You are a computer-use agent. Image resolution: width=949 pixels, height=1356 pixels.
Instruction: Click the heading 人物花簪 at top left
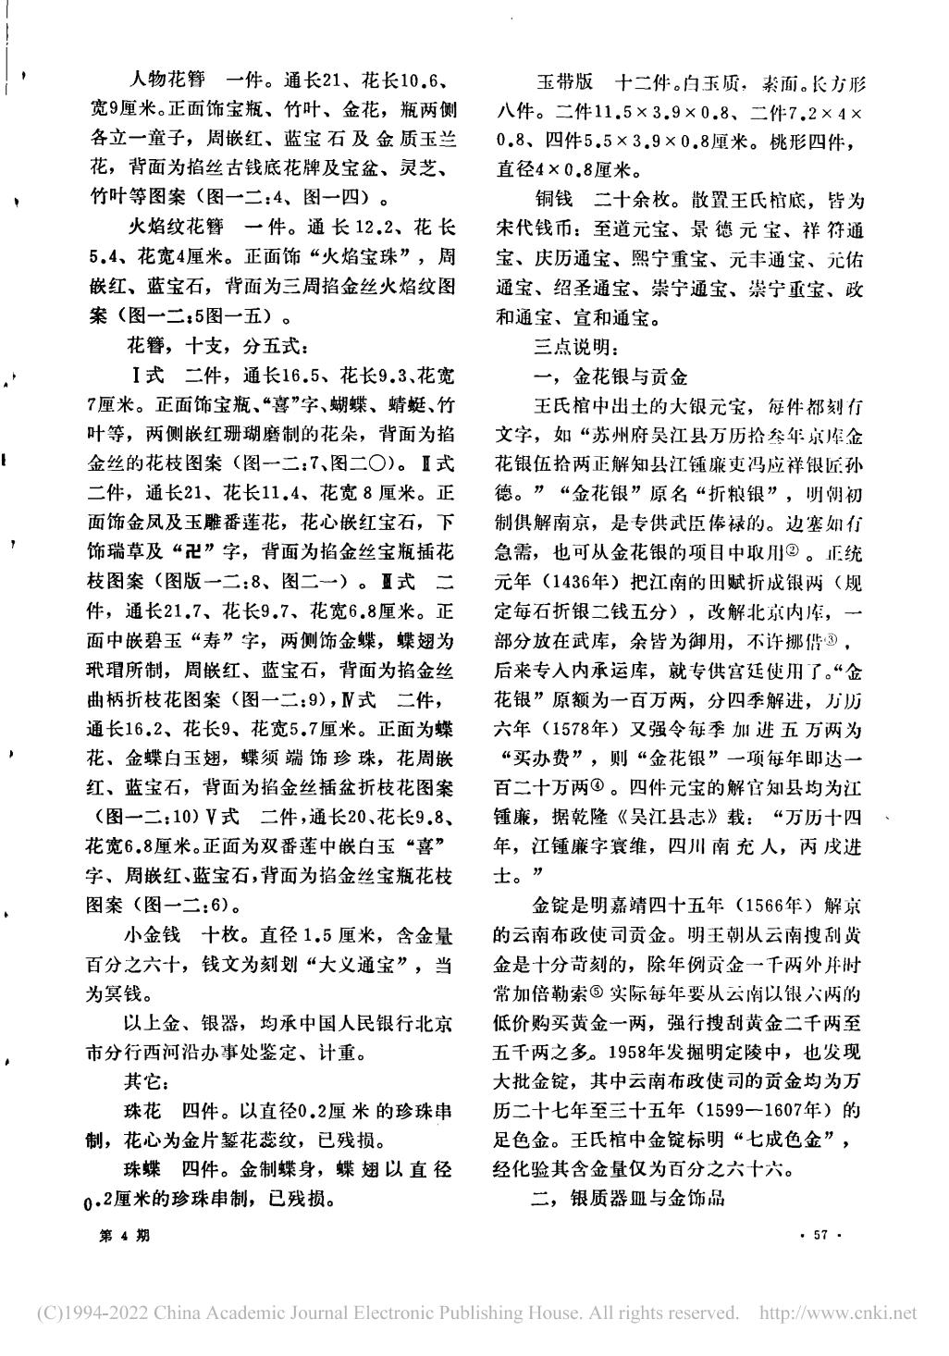159,80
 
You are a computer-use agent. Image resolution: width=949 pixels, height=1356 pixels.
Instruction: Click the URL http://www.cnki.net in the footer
837,1313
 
